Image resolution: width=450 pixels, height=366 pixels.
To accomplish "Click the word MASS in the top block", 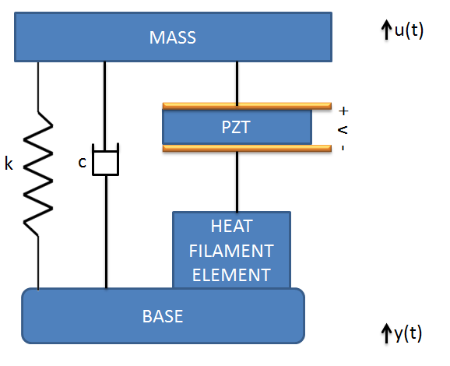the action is coord(173,37).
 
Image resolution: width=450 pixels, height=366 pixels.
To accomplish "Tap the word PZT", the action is coord(236,127).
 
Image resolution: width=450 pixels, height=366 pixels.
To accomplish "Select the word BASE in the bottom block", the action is coord(163,316).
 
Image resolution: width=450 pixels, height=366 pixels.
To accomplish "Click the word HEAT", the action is coord(231,226).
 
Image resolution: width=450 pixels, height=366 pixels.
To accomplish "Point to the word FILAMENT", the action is coord(231,251).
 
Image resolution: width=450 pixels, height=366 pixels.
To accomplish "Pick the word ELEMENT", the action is coord(231,275).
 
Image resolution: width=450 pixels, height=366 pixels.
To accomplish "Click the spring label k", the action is coord(9,164).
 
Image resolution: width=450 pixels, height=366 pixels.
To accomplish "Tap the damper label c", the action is coord(82,163).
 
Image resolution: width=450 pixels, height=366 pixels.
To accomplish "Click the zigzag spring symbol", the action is coord(38,174).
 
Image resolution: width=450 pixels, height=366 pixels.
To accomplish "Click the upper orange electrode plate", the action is coord(247,106).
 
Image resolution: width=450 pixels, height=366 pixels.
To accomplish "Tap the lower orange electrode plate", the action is coord(247,148).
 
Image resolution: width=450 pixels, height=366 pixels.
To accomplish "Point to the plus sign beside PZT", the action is coord(343,111).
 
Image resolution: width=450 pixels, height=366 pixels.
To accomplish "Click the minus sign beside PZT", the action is coord(343,148).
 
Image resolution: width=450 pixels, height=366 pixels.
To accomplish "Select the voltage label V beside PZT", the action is coord(343,130).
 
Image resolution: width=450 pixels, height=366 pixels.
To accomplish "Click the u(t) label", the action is coord(409,30).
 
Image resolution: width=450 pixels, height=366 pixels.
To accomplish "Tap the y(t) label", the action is coord(408,333).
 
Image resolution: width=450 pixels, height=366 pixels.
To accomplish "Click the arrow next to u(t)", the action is coord(387,30).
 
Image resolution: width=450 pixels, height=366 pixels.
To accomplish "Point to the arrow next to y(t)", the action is coord(387,333).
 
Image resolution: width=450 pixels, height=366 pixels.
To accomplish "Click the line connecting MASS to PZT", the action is coord(237,83).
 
